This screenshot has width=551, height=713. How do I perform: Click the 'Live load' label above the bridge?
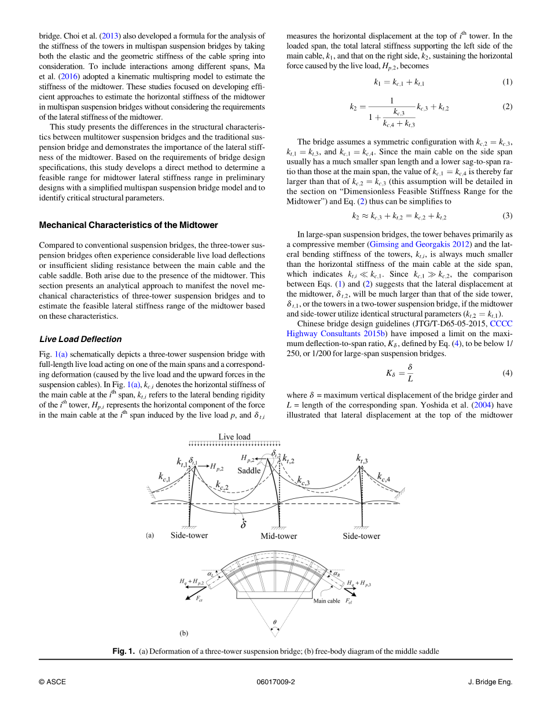click(x=234, y=437)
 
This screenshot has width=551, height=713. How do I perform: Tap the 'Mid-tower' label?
click(x=278, y=536)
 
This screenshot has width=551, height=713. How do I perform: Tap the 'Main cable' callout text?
click(x=327, y=601)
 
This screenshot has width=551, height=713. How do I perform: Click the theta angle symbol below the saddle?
click(x=274, y=623)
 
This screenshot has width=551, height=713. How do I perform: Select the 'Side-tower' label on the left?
click(x=189, y=535)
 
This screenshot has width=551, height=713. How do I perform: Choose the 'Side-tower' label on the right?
click(x=362, y=536)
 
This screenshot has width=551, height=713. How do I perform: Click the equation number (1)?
click(x=507, y=82)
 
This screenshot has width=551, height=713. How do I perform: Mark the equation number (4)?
click(x=507, y=373)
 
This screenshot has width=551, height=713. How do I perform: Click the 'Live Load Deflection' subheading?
click(x=80, y=339)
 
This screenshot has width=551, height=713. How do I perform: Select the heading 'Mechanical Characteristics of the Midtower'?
click(x=128, y=225)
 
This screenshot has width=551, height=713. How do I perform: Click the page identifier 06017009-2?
click(x=275, y=682)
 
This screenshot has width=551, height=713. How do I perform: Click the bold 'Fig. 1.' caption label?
click(x=124, y=652)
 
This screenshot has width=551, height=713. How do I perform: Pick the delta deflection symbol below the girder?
click(x=244, y=525)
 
